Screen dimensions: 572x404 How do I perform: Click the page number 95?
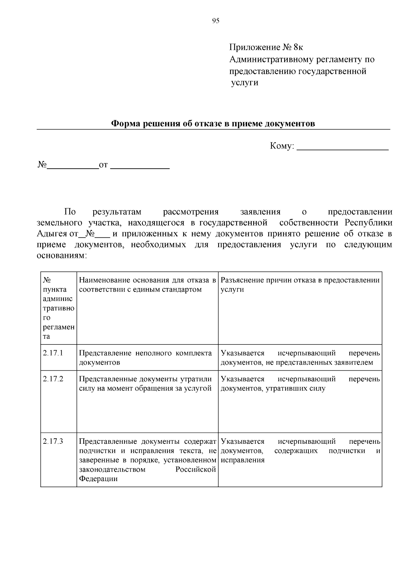[x=216, y=21]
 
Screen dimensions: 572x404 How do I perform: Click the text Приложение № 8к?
[x=263, y=47]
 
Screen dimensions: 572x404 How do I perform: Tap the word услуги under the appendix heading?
[x=245, y=82]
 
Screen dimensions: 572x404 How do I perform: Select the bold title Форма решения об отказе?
[x=213, y=124]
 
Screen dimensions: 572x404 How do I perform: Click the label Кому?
[x=282, y=146]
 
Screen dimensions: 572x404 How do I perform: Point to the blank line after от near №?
[x=140, y=165]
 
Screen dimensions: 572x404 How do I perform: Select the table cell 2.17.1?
[x=53, y=353]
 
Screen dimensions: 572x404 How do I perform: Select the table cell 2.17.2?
[x=53, y=379]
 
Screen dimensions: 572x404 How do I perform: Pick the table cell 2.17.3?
[x=53, y=441]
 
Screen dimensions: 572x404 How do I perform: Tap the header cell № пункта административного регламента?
[x=59, y=308]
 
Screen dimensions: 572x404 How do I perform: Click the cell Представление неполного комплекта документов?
[x=145, y=358]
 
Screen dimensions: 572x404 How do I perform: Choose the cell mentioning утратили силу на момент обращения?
[x=145, y=383]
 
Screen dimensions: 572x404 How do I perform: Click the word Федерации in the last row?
[x=98, y=479]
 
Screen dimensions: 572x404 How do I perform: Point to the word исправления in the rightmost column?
[x=243, y=460]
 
